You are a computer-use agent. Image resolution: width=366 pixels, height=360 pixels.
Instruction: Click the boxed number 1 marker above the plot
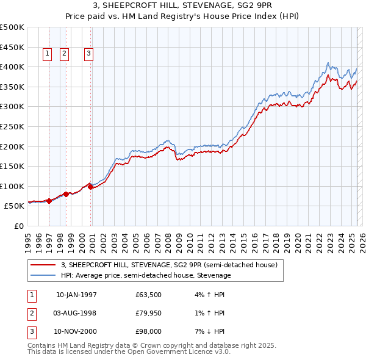tap(48, 54)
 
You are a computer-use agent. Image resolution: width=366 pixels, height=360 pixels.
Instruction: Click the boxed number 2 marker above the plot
tap(64, 54)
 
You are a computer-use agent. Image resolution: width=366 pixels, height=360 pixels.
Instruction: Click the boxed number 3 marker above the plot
tap(88, 54)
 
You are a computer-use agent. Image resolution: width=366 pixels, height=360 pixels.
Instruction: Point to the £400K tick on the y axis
tap(12, 67)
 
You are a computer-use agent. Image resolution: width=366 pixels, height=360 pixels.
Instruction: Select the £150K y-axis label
tap(12, 166)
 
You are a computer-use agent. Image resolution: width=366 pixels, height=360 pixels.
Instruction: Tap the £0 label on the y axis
tap(18, 226)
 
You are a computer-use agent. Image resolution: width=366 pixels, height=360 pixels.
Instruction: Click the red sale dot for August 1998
tap(66, 194)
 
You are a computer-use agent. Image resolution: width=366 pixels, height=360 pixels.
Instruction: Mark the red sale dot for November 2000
tap(90, 187)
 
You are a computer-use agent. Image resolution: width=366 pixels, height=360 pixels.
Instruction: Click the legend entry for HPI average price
tap(146, 275)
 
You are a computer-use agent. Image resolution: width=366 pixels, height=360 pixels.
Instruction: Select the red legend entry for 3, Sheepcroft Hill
tap(169, 265)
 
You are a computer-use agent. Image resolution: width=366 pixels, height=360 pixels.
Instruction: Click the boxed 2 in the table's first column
tap(31, 313)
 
